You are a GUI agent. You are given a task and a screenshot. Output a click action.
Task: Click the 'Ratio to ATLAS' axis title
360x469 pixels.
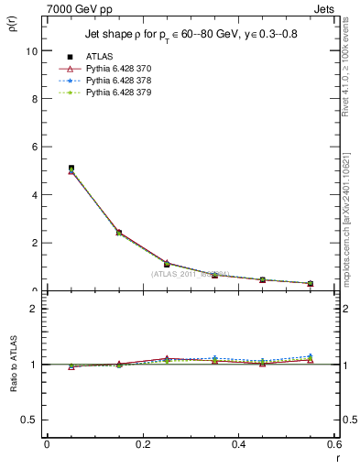pyautogui.click(x=12, y=364)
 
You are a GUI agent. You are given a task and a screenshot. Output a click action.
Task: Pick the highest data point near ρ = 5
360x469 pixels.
pyautogui.click(x=71, y=169)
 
